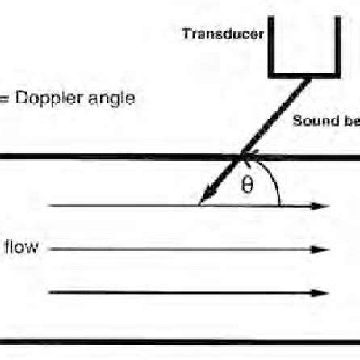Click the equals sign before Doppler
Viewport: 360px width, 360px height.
(3, 99)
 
